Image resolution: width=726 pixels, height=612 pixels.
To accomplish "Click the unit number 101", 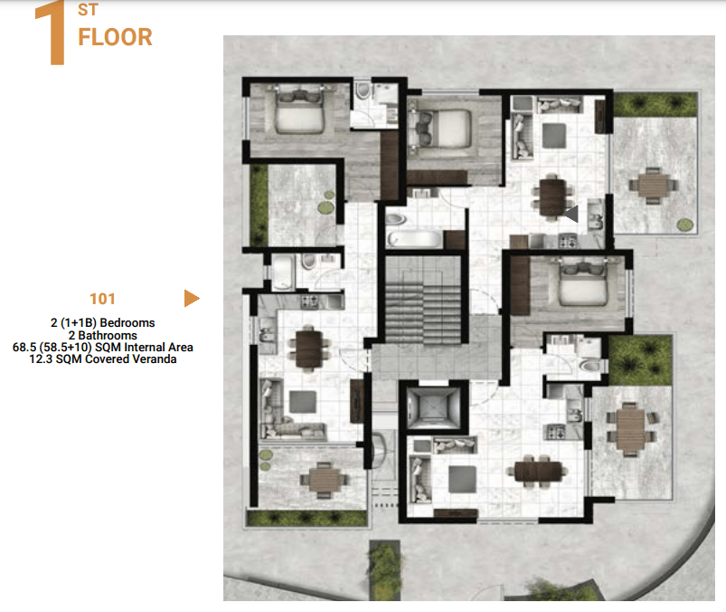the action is [x=102, y=299].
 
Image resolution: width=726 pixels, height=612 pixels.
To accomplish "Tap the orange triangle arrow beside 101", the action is [x=192, y=298].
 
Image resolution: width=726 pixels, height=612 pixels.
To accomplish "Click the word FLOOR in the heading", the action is [x=115, y=37].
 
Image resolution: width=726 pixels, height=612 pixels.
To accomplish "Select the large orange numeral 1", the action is [x=51, y=33].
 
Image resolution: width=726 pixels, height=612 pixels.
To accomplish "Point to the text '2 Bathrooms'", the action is [x=103, y=335].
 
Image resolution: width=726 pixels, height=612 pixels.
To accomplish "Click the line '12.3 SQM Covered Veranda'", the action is [x=103, y=359].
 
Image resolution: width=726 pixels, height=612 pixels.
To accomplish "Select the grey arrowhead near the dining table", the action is [x=571, y=214].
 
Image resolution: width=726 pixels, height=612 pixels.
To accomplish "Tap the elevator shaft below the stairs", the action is [x=432, y=407].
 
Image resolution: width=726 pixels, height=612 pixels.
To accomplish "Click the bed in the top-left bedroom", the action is [x=299, y=110].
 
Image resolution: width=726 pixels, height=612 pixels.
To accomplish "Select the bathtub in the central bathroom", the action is [x=415, y=239].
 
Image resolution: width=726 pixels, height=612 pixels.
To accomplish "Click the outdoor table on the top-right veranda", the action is [x=653, y=186].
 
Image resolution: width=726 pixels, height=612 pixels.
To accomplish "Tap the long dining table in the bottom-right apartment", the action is [x=538, y=471].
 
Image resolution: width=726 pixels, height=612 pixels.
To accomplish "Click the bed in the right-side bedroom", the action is [x=583, y=282].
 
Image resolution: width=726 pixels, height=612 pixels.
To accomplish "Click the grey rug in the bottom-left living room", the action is [x=303, y=401].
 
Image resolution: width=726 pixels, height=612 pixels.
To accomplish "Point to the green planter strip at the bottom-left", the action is [x=307, y=518].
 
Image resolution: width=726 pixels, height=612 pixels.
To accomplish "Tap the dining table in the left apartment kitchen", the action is [x=309, y=348].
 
